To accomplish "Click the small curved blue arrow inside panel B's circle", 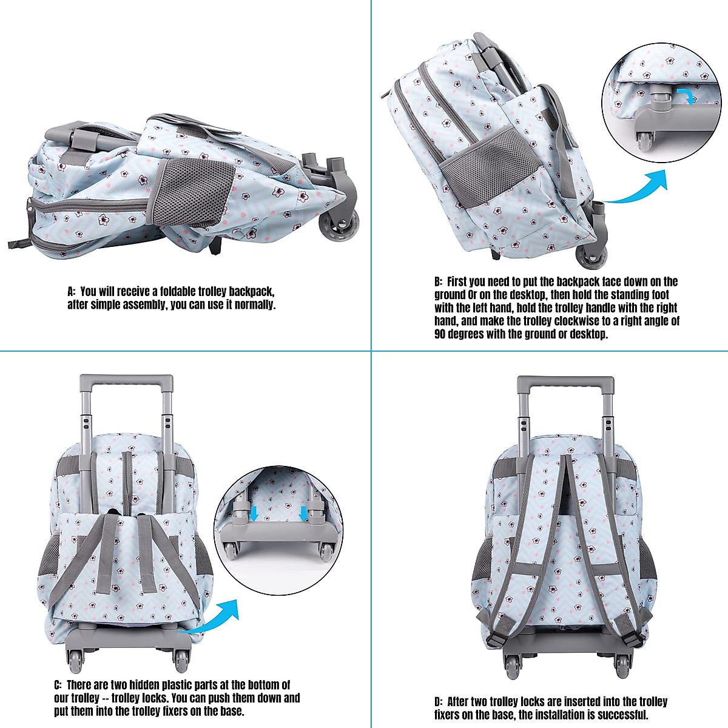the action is click(x=684, y=96).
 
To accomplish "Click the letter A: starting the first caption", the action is click(x=72, y=292).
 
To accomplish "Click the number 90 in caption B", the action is click(x=441, y=334).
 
